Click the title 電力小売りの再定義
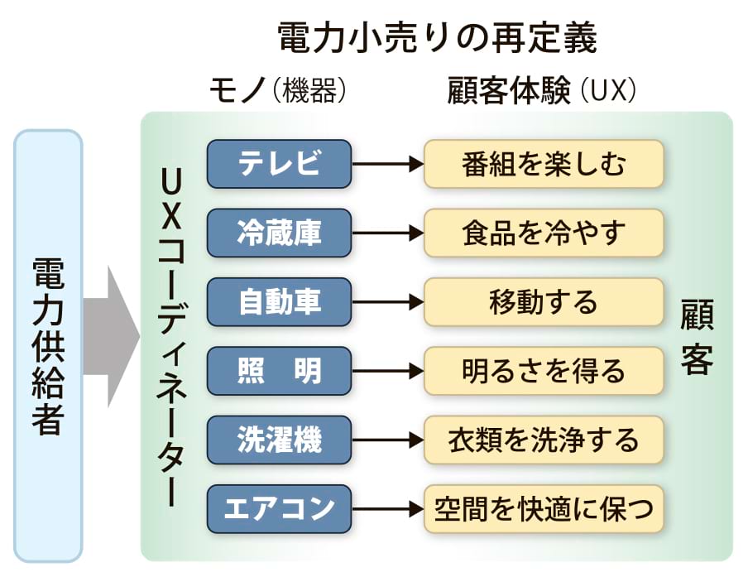click(x=436, y=37)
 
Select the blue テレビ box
click(x=279, y=164)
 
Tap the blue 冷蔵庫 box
click(x=279, y=233)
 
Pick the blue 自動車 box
click(x=279, y=301)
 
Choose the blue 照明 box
click(x=279, y=370)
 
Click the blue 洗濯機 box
click(x=279, y=439)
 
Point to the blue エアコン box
click(x=279, y=507)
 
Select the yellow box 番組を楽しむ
click(x=544, y=164)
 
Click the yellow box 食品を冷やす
click(x=544, y=233)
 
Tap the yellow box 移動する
click(x=544, y=301)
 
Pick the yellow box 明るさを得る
click(x=544, y=370)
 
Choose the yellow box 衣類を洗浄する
click(x=544, y=439)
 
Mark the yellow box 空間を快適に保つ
click(x=544, y=507)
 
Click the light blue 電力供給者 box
click(x=48, y=346)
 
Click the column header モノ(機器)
click(x=277, y=90)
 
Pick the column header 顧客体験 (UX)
click(x=541, y=90)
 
